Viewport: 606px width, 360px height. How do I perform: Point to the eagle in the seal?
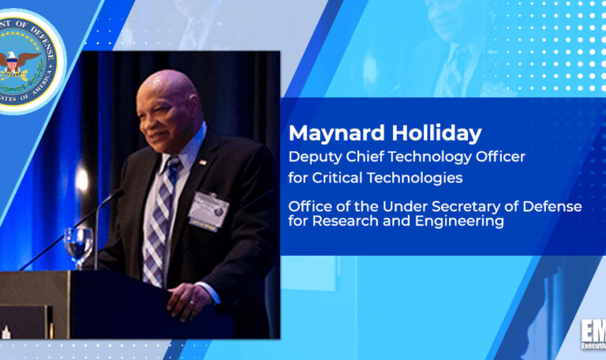26,62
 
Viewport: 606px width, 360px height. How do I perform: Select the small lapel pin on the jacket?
203,162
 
